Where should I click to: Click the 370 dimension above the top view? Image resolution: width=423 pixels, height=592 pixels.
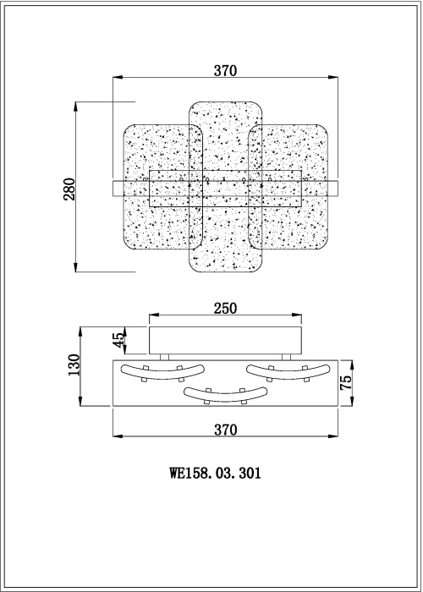pos(224,71)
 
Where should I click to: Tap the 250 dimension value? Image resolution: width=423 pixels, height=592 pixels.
pos(224,308)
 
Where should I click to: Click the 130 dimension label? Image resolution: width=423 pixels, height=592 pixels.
pos(74,365)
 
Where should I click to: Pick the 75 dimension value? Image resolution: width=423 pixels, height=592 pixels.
pos(344,381)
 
